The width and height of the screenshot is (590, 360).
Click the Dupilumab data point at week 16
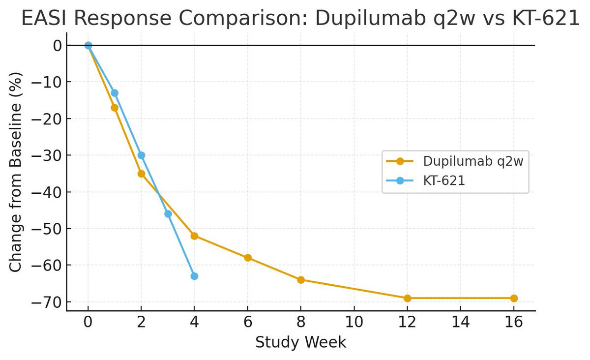pyautogui.click(x=514, y=298)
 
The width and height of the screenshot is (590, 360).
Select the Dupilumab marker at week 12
pyautogui.click(x=407, y=298)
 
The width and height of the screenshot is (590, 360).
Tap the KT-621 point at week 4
pyautogui.click(x=194, y=276)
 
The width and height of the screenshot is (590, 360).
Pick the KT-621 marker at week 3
pyautogui.click(x=168, y=214)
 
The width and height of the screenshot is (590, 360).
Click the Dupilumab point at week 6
pyautogui.click(x=248, y=258)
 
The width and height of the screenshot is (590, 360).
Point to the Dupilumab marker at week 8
pyautogui.click(x=301, y=280)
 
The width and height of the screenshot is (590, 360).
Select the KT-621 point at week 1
pyautogui.click(x=115, y=93)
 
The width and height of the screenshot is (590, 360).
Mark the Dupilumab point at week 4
pyautogui.click(x=194, y=236)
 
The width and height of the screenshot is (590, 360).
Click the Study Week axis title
pyautogui.click(x=300, y=342)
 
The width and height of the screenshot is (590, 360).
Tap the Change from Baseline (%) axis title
pyautogui.click(x=16, y=172)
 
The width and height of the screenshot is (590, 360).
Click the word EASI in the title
pyautogui.click(x=43, y=19)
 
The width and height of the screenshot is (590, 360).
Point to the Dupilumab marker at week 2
pyautogui.click(x=141, y=174)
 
